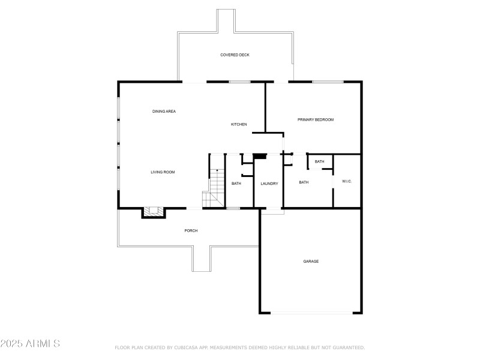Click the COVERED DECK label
[x=235, y=55]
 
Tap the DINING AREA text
[x=164, y=111]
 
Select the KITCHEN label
[x=239, y=124]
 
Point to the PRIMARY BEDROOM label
[x=316, y=119]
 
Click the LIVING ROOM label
[x=163, y=172]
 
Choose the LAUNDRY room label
[x=269, y=183]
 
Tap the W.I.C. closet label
[x=347, y=181]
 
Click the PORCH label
[x=191, y=230]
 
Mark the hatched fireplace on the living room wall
[x=153, y=212]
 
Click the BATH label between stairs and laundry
[x=236, y=183]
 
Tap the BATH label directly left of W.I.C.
[x=304, y=182]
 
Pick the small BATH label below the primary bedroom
[x=319, y=161]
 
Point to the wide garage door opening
[x=311, y=313]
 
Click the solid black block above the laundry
[x=260, y=157]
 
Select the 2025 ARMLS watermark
[x=30, y=344]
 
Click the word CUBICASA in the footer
[x=188, y=347]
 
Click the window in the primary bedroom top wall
[x=328, y=82]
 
